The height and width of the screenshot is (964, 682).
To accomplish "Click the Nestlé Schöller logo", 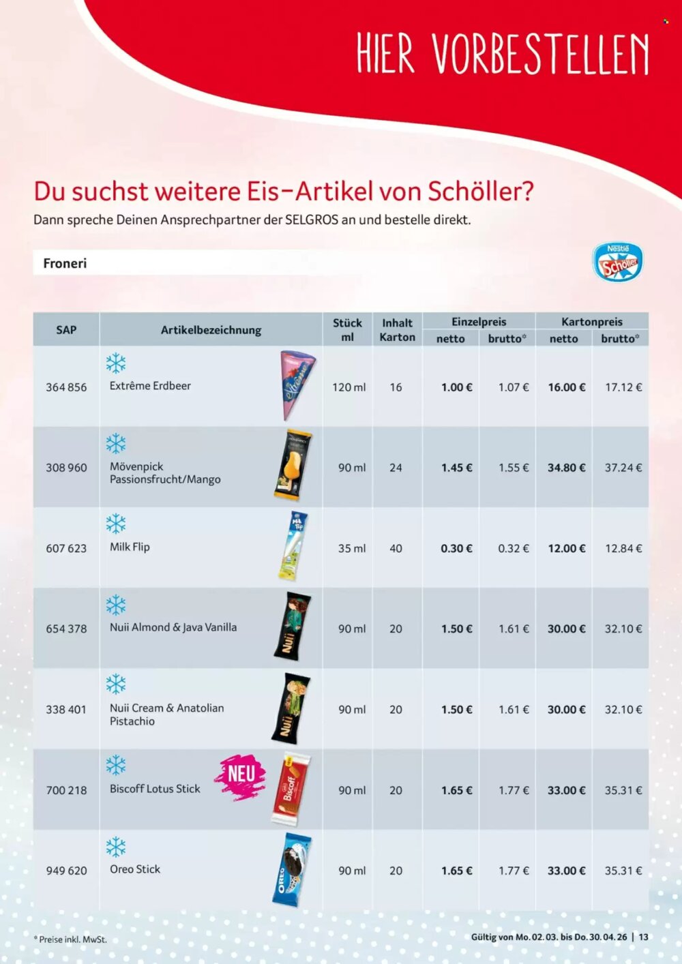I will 617,262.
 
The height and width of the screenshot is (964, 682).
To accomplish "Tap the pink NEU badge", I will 240,776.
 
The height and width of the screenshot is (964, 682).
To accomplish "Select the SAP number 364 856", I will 66,387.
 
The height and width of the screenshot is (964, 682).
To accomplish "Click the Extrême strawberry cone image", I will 297,385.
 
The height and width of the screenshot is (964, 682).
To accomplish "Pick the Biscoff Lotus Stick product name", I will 155,789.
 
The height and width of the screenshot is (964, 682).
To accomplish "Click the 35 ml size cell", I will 351,548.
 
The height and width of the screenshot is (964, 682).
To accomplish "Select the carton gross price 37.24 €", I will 623,468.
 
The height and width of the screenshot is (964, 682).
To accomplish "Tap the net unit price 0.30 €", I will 456,548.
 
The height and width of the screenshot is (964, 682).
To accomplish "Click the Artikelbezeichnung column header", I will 211,330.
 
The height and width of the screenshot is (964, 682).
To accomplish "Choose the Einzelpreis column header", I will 479,322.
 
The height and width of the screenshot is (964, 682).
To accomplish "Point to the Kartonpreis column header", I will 591,322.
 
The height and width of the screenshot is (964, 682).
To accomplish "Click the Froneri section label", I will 65,263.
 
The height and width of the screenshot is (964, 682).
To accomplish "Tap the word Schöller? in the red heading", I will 481,192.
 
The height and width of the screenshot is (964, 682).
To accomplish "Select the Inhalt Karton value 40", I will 396,548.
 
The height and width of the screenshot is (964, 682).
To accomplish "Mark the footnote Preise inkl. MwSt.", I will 71,939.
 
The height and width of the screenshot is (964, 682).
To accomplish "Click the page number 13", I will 643,937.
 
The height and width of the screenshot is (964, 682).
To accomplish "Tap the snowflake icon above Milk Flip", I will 116,524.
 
